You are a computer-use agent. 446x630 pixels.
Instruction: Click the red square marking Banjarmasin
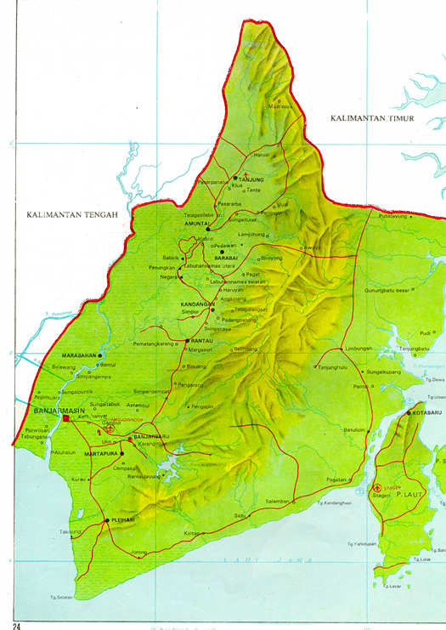click(66, 419)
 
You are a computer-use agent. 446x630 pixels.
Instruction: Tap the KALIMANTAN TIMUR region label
click(372, 118)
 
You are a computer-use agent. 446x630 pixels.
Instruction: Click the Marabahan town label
click(80, 355)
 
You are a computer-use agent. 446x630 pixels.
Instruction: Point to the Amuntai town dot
click(208, 229)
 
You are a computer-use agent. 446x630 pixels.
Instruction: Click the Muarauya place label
click(279, 107)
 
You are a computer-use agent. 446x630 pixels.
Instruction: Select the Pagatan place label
click(337, 480)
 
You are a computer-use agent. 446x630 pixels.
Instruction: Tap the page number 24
click(16, 626)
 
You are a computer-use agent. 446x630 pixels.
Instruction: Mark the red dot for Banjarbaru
click(130, 439)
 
